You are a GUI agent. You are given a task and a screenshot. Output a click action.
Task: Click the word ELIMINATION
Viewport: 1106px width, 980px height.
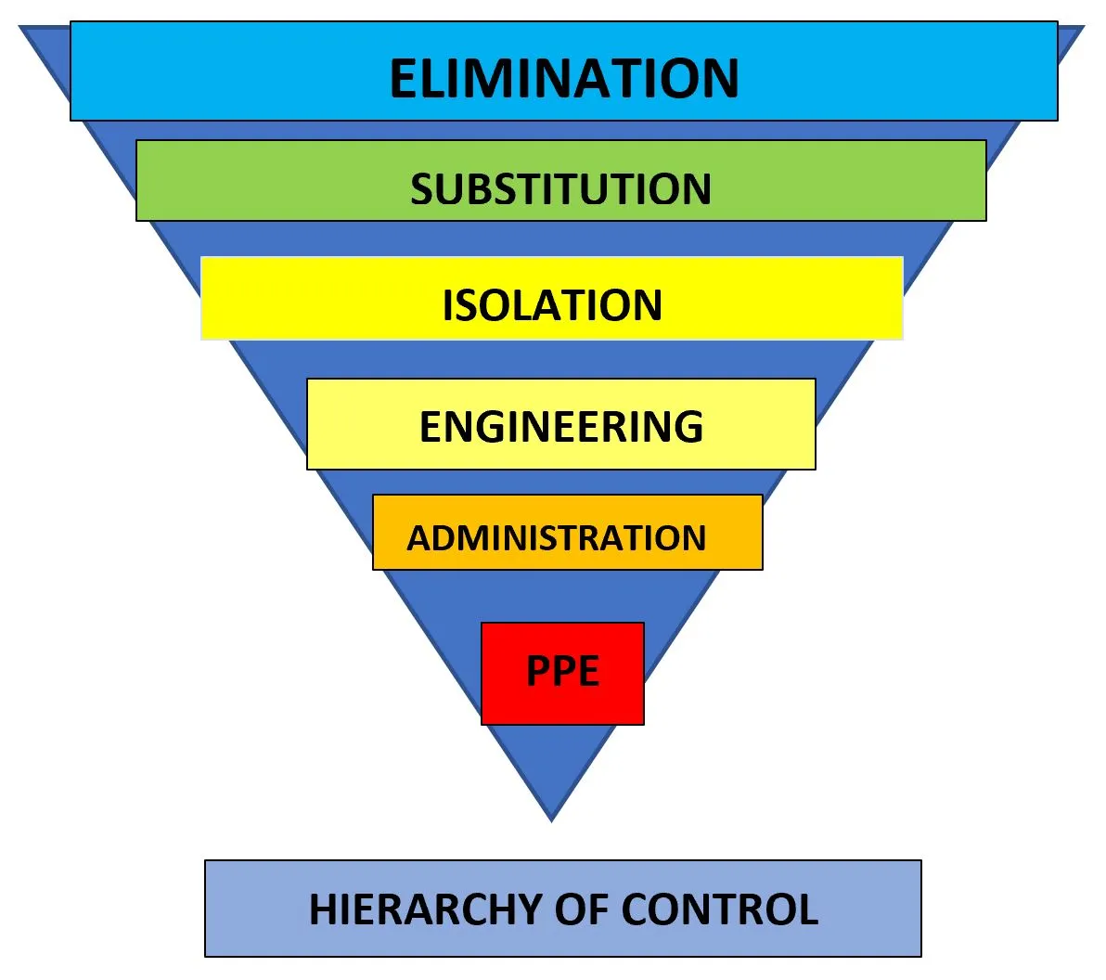[563, 78]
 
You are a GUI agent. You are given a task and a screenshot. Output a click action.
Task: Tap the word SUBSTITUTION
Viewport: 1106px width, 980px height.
[560, 189]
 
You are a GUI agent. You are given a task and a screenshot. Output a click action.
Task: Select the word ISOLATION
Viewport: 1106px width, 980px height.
[552, 305]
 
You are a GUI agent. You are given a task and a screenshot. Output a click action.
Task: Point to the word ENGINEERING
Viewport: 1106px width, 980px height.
[561, 427]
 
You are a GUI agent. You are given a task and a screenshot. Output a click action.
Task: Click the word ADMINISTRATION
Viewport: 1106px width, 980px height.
[557, 538]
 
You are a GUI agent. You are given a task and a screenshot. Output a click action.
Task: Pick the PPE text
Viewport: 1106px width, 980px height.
[562, 671]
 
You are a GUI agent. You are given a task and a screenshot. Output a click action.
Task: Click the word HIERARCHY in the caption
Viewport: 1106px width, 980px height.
[426, 909]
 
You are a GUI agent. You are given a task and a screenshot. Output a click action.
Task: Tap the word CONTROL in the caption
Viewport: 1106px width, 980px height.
[720, 909]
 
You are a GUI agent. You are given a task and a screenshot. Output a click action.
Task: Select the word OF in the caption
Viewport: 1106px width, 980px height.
[582, 909]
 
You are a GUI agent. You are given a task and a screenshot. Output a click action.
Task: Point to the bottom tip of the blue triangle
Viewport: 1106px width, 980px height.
[551, 817]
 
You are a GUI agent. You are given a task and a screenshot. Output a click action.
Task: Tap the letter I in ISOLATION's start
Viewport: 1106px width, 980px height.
[447, 305]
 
